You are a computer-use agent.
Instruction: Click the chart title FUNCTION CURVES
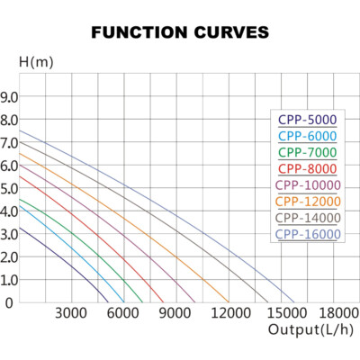(180, 32)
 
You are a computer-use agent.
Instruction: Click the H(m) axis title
(36, 62)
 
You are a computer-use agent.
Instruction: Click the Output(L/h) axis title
(310, 329)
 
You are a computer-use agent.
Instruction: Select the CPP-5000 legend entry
(308, 120)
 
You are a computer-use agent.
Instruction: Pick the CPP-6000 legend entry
(308, 136)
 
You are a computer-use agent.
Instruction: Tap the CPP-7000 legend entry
(308, 152)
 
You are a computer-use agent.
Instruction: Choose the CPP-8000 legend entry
(308, 169)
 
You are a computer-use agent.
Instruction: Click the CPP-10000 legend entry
(308, 185)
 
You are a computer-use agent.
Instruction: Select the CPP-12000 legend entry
(308, 202)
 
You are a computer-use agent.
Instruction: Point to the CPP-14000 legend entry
(308, 218)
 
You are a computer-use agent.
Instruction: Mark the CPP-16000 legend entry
(308, 234)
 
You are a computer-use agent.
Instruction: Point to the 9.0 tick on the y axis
(9, 97)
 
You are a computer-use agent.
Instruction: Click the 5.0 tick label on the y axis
(9, 189)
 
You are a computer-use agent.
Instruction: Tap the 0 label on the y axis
(9, 303)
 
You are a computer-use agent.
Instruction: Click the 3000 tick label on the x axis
(71, 313)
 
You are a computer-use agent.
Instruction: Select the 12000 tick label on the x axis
(231, 313)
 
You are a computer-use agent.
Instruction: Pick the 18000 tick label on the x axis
(339, 313)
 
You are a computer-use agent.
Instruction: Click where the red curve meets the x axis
(164, 302)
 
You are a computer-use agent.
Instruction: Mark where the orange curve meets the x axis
(229, 302)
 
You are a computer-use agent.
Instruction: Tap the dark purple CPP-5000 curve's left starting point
(20, 228)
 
